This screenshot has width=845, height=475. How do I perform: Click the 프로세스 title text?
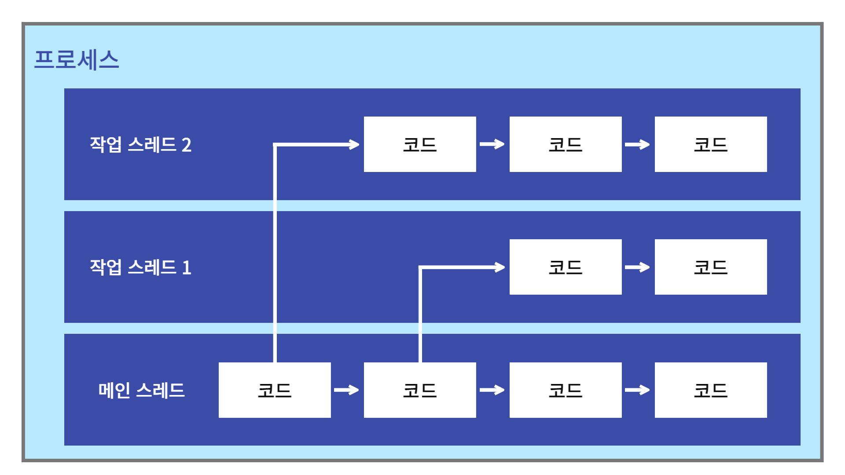pyautogui.click(x=77, y=59)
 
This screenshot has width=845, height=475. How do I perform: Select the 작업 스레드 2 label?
pyautogui.click(x=140, y=145)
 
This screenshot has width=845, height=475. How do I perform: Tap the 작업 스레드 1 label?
pyautogui.click(x=140, y=267)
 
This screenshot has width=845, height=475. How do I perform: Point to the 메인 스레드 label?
pyautogui.click(x=141, y=390)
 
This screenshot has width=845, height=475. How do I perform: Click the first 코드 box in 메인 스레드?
pyautogui.click(x=275, y=390)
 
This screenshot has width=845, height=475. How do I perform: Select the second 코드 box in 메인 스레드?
pyautogui.click(x=420, y=390)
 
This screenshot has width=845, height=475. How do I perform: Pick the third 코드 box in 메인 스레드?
pyautogui.click(x=566, y=390)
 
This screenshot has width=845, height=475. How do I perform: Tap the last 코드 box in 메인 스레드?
pyautogui.click(x=711, y=390)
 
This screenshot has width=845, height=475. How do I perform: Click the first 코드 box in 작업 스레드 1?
pyautogui.click(x=566, y=267)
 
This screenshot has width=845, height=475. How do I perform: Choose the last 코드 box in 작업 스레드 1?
pyautogui.click(x=711, y=267)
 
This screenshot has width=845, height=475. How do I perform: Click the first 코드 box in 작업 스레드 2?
pyautogui.click(x=420, y=144)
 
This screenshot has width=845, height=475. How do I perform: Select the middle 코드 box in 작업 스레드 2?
pyautogui.click(x=566, y=144)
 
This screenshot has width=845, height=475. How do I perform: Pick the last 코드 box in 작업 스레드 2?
pyautogui.click(x=711, y=144)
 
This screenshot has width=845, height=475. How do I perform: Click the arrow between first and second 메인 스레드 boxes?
pyautogui.click(x=347, y=390)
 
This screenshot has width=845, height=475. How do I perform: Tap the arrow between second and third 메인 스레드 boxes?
pyautogui.click(x=492, y=390)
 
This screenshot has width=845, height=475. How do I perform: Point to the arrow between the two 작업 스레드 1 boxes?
pyautogui.click(x=638, y=267)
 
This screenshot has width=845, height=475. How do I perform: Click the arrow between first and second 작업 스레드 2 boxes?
pyautogui.click(x=492, y=144)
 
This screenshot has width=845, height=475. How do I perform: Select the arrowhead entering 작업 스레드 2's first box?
pyautogui.click(x=354, y=144)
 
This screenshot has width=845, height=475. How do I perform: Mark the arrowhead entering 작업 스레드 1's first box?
pyautogui.click(x=500, y=267)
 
